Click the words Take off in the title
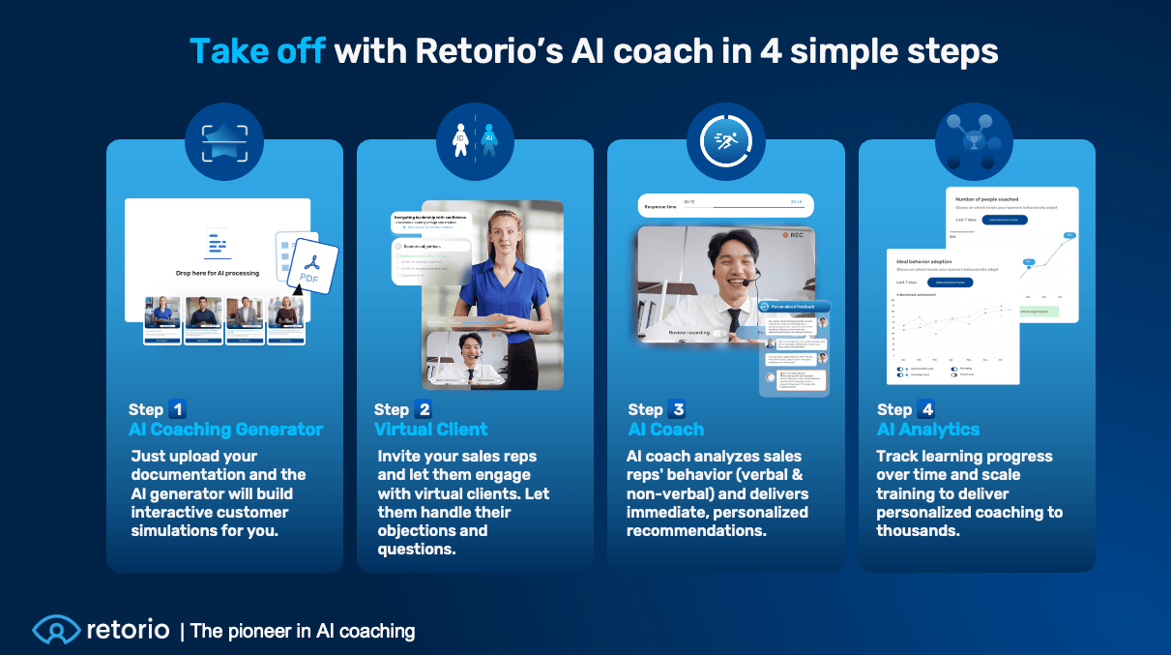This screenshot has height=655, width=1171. click(256, 50)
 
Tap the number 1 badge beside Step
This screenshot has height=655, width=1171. click(178, 409)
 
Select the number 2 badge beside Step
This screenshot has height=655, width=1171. click(423, 409)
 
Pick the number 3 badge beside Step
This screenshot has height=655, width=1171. click(676, 409)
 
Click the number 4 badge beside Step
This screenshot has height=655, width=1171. click(925, 409)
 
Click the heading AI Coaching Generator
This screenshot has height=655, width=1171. click(225, 430)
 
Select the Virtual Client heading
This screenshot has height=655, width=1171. click(430, 430)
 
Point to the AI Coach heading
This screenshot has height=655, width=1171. click(665, 430)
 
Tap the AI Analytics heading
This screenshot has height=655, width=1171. click(927, 430)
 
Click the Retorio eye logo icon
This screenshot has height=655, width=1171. click(55, 631)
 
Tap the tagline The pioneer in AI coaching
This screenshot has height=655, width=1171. click(303, 632)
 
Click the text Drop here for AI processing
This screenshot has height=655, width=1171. click(217, 273)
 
